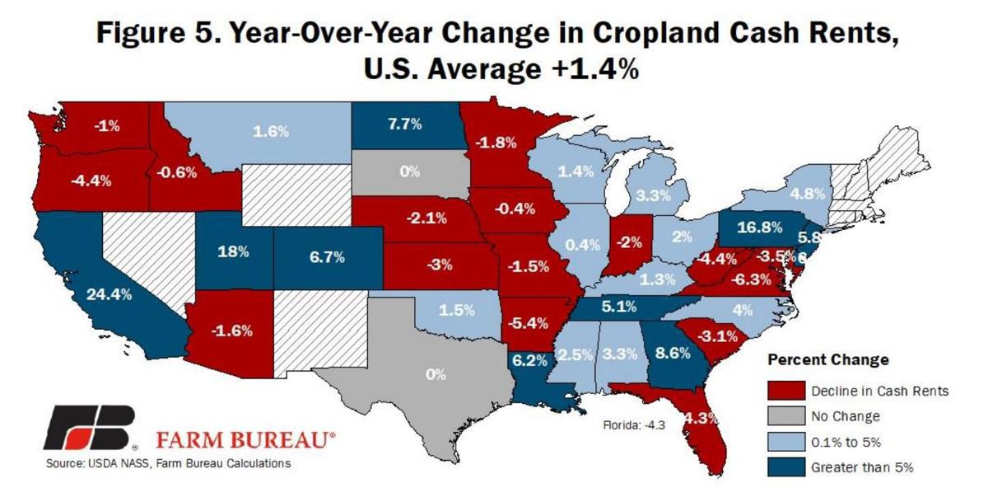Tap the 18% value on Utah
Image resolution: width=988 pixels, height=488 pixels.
pyautogui.click(x=233, y=251)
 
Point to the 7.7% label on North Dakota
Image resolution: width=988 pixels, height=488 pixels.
pyautogui.click(x=404, y=124)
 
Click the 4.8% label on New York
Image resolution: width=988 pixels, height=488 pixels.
pyautogui.click(x=807, y=195)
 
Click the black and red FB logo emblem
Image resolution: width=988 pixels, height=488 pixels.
pyautogui.click(x=89, y=427)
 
